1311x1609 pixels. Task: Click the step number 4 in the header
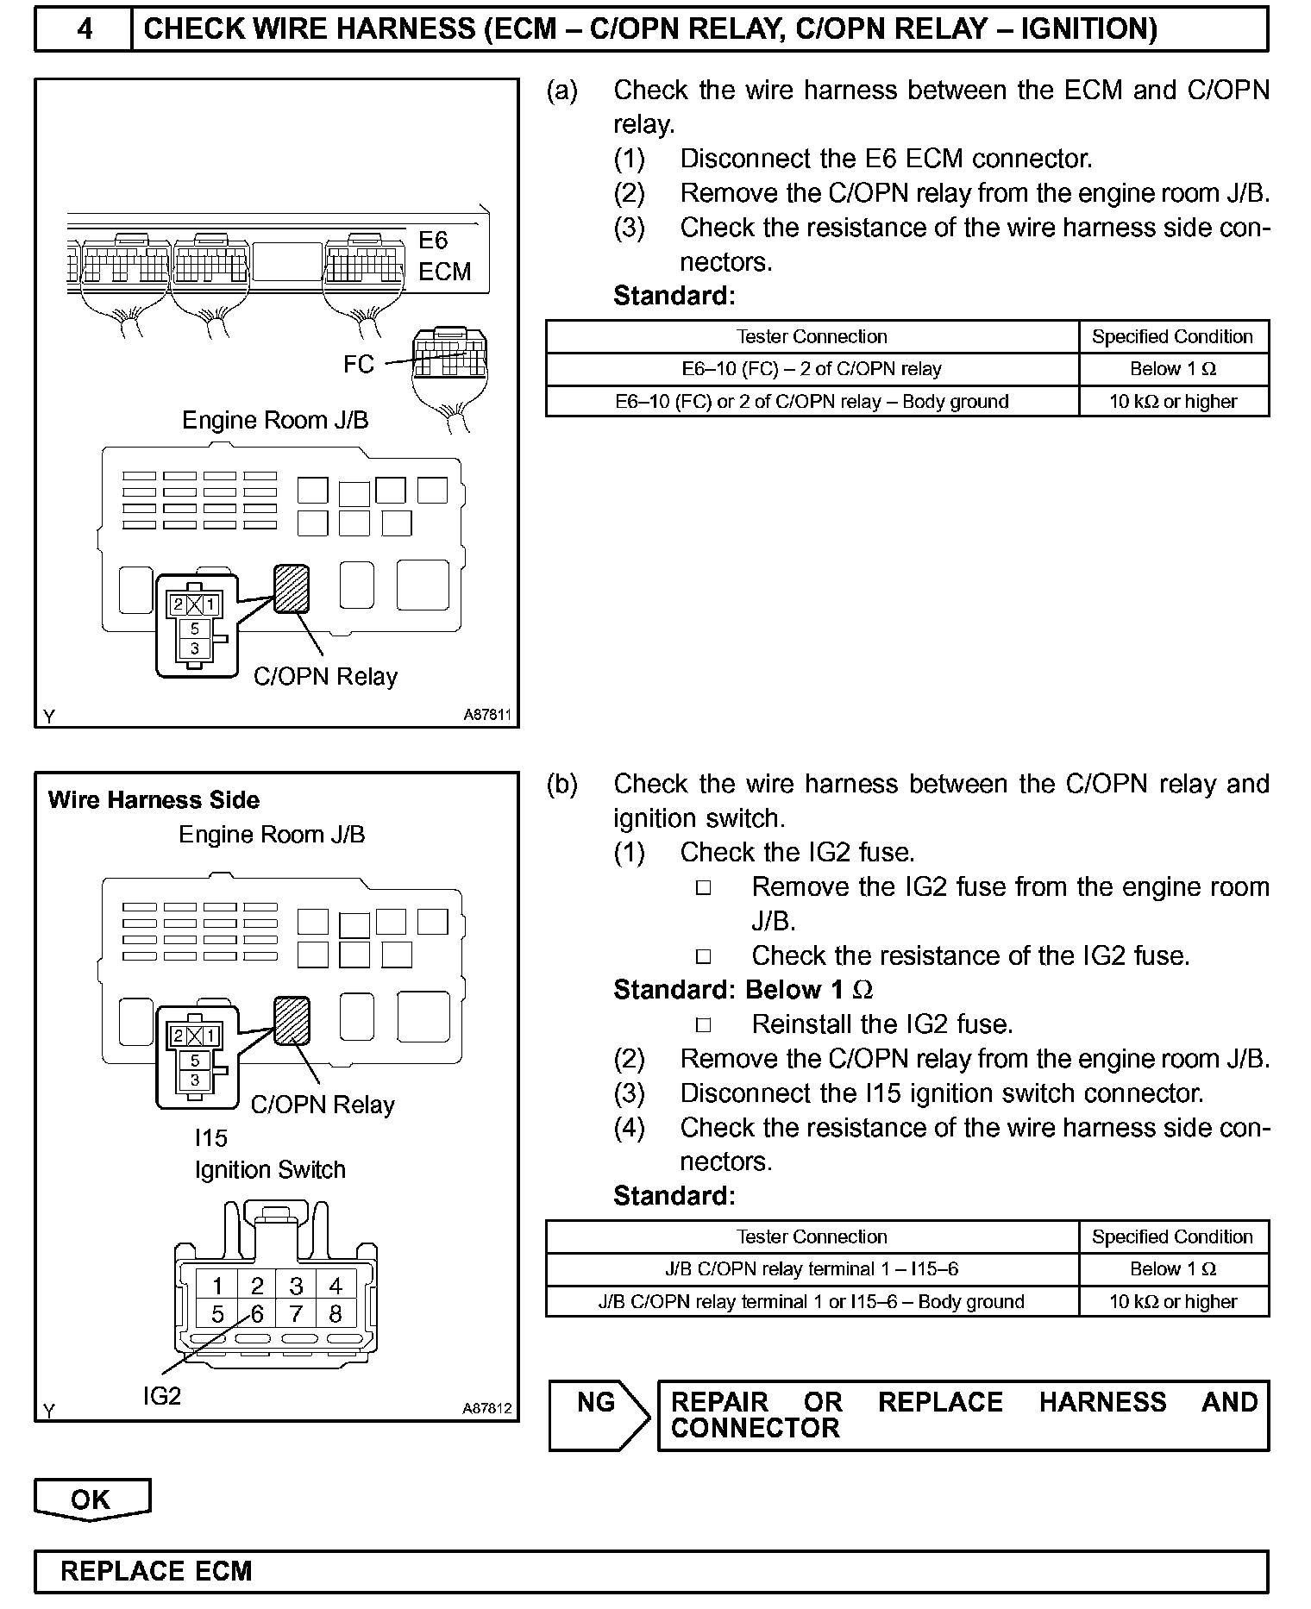(x=84, y=28)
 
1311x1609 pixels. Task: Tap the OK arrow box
(x=91, y=1499)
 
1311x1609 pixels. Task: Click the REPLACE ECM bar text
(x=156, y=1571)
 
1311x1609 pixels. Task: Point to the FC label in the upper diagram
(x=358, y=364)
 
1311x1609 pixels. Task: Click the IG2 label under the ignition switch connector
(x=162, y=1395)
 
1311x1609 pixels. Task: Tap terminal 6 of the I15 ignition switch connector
(x=257, y=1313)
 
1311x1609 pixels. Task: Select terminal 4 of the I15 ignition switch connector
(x=336, y=1286)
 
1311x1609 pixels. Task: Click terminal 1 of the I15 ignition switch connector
(x=217, y=1286)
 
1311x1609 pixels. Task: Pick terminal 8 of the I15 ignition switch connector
(x=336, y=1313)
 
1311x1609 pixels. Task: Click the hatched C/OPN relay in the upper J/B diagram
(x=292, y=588)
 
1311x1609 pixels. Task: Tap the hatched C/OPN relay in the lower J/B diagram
(x=292, y=1020)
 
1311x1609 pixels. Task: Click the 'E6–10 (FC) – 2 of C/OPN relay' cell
(x=812, y=369)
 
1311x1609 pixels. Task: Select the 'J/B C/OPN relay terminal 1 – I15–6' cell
(x=812, y=1269)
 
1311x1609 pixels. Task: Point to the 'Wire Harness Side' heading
(x=154, y=800)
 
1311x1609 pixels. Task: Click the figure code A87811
(x=487, y=715)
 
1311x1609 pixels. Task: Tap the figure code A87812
(x=487, y=1408)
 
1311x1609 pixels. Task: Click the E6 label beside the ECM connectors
(x=433, y=240)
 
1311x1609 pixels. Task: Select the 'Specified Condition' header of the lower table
(x=1172, y=1236)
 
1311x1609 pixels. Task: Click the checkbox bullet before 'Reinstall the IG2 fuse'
(x=704, y=1024)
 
